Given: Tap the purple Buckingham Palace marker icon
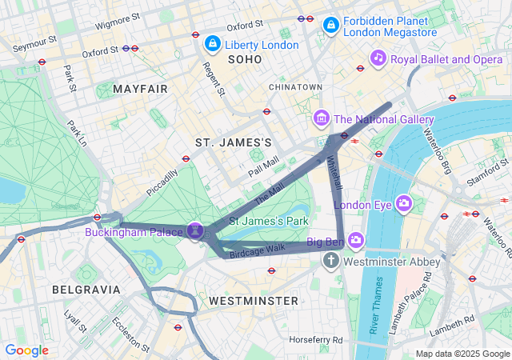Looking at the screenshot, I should click(194, 230).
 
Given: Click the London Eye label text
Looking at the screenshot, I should click(361, 205).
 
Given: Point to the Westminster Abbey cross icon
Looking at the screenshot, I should click(331, 262).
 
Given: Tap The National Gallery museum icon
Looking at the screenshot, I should click(322, 119).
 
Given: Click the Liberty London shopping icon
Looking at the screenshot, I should click(213, 43).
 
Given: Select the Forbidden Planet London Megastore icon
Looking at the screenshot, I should click(330, 26).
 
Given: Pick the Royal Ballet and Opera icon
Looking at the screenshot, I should click(378, 58).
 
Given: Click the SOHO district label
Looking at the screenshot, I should click(245, 59).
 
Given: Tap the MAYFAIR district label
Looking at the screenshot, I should click(141, 89).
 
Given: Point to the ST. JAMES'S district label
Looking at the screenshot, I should click(234, 142).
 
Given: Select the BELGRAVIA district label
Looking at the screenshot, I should click(86, 289).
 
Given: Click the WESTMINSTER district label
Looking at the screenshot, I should click(253, 301).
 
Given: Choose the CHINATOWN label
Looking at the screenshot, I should click(295, 86).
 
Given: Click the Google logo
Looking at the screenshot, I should click(26, 350).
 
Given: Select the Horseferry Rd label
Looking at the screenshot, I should click(316, 339).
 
